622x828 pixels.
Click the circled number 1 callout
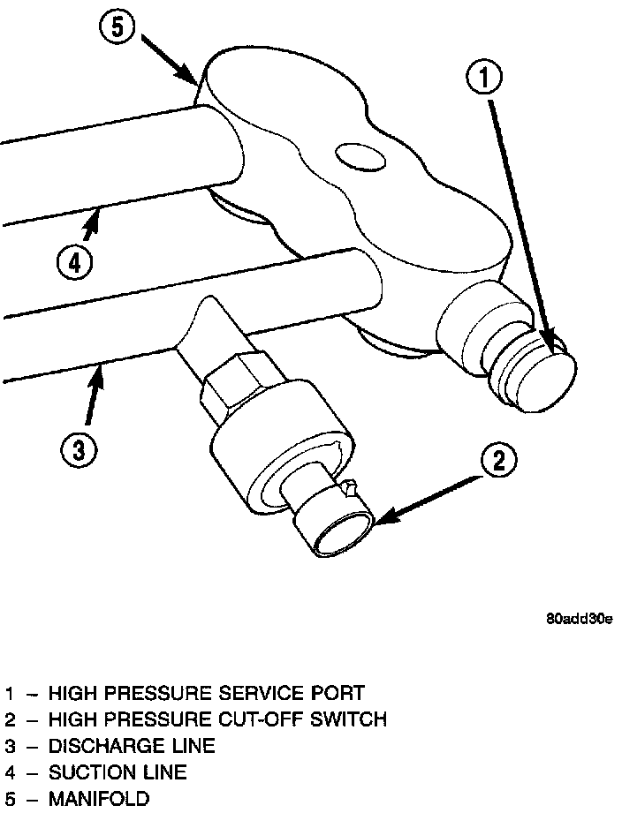[484, 79]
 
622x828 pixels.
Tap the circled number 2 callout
[498, 460]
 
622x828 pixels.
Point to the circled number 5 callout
[118, 27]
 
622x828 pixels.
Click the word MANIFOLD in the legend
[99, 800]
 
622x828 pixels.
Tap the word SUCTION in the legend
[82, 773]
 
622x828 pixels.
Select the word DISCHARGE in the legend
[99, 747]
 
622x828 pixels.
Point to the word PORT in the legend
[339, 693]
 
